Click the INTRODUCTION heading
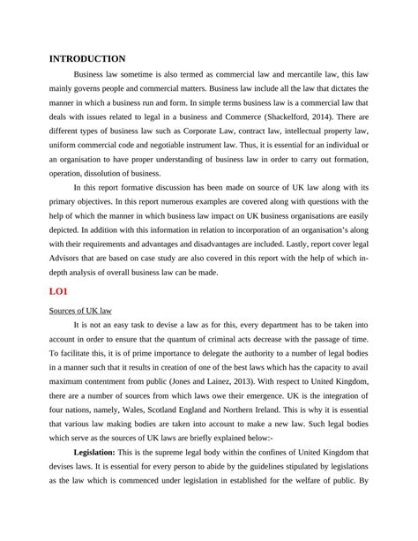pyautogui.click(x=86, y=58)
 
